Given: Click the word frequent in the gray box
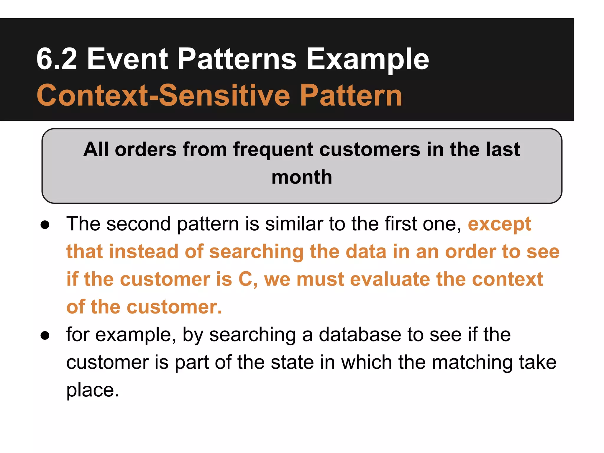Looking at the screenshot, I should point(273,149).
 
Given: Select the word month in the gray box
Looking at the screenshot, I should point(302,177).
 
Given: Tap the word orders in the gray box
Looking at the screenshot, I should point(146,149).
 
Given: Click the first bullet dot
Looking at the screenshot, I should point(45,225).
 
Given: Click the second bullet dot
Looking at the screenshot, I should point(45,336).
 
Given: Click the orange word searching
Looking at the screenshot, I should point(256,252).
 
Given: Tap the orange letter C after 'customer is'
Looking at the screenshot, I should point(245,279).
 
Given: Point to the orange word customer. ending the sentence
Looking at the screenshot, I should point(174,307).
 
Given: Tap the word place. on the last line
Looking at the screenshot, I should point(92,390).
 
